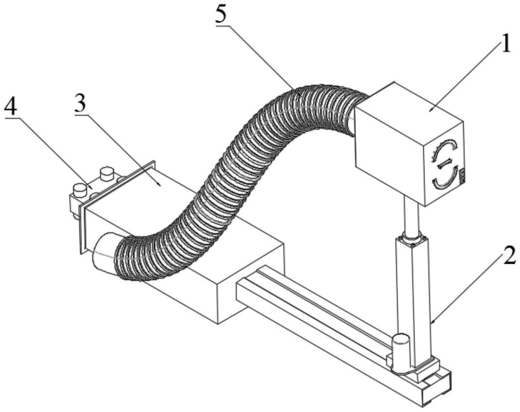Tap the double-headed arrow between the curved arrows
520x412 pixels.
click(445, 164)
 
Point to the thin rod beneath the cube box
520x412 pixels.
click(411, 216)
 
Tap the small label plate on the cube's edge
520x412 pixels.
click(461, 176)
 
